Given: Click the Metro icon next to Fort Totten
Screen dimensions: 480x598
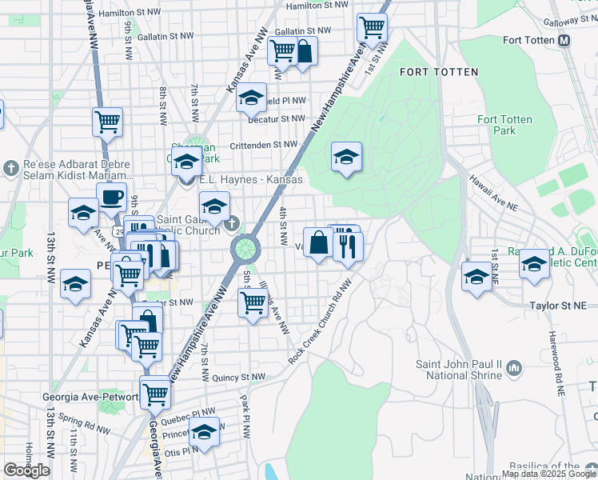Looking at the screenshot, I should click(564, 40).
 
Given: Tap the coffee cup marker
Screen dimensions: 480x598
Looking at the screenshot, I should click(111, 196).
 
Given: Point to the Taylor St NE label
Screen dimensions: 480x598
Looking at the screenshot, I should click(558, 306).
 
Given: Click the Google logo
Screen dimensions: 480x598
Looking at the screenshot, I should click(26, 470).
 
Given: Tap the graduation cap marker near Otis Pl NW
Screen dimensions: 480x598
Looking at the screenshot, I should click(205, 432).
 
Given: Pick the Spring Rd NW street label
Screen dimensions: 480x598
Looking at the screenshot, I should click(76, 419).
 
